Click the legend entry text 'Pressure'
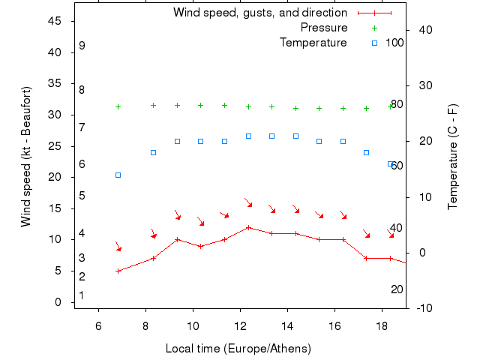pyautogui.click(x=324, y=28)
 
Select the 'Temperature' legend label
pyautogui.click(x=313, y=43)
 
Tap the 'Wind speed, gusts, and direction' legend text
pyautogui.click(x=260, y=13)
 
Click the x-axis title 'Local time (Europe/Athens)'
pyautogui.click(x=238, y=349)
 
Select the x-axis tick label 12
pyautogui.click(x=240, y=325)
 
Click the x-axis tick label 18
pyautogui.click(x=382, y=325)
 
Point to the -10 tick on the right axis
pyautogui.click(x=422, y=308)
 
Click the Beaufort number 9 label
pyautogui.click(x=82, y=46)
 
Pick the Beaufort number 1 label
pyautogui.click(x=81, y=295)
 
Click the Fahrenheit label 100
pyautogui.click(x=394, y=43)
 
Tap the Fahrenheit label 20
pyautogui.click(x=397, y=289)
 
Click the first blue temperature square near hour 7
pyautogui.click(x=118, y=175)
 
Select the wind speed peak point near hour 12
pyautogui.click(x=248, y=227)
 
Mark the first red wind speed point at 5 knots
pyautogui.click(x=118, y=271)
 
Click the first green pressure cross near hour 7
pyautogui.click(x=118, y=106)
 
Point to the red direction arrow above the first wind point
pyautogui.click(x=118, y=247)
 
